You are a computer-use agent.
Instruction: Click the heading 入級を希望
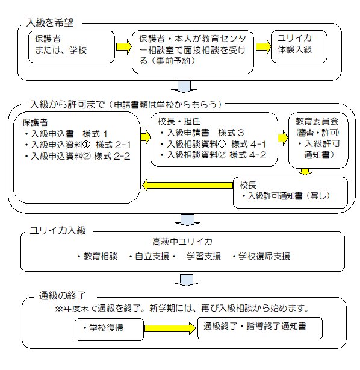point(50,23)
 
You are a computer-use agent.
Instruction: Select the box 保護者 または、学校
point(72,47)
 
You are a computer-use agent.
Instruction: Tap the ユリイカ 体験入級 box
point(299,46)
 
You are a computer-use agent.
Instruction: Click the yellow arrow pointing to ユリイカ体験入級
point(263,46)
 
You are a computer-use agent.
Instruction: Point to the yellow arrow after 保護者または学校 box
point(123,47)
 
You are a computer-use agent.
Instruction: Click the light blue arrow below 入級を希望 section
point(184,86)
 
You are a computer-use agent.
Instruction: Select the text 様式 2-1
point(113,145)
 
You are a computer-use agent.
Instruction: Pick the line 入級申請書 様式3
point(202,133)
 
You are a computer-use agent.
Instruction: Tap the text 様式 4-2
point(248,155)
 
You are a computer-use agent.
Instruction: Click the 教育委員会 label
point(317,121)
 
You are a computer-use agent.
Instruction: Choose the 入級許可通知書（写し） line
point(285,196)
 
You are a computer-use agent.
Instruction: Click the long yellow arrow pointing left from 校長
point(188,185)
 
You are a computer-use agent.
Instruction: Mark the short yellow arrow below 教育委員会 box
point(305,172)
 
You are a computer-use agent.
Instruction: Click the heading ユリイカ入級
point(58,230)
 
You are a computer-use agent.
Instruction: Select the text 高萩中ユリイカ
point(182,242)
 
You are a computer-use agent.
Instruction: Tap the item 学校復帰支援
point(261,256)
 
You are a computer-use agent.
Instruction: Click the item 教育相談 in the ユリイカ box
point(97,256)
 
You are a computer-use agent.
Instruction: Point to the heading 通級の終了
point(62,295)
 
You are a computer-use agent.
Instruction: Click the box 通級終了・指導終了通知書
point(260,328)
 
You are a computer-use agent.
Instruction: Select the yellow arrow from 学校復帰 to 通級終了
point(170,328)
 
